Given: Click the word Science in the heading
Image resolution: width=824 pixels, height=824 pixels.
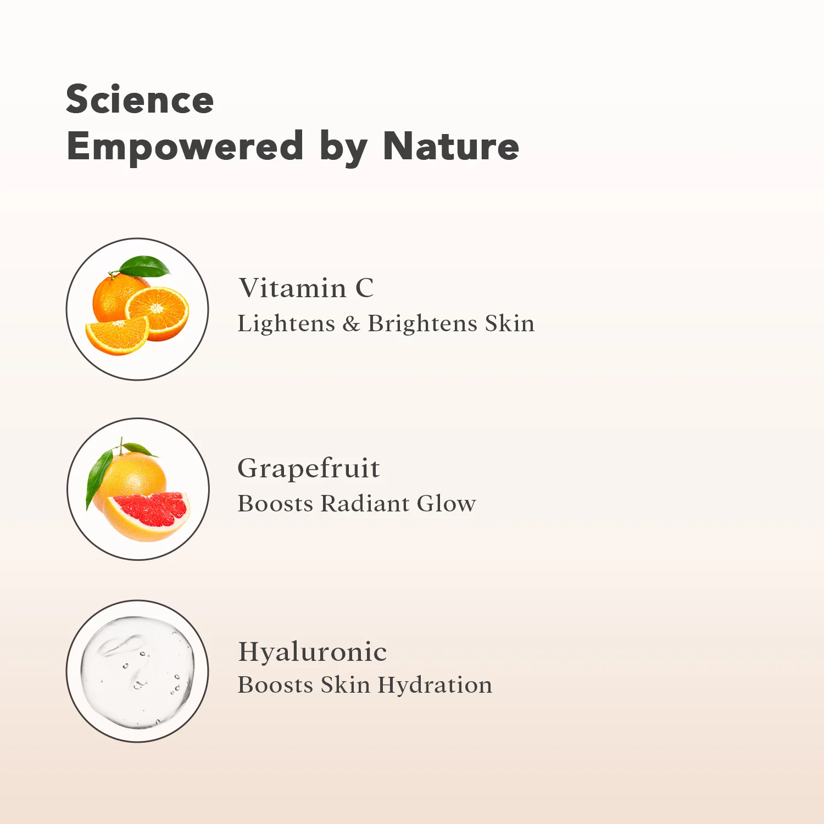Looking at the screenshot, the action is tap(140, 99).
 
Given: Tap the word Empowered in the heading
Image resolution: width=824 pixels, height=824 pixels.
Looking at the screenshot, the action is tap(185, 147).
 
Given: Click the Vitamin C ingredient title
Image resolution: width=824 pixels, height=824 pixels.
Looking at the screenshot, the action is tap(307, 288).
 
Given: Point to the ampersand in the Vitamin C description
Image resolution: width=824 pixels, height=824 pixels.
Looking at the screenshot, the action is tap(351, 324).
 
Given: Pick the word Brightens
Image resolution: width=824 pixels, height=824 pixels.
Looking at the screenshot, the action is tap(422, 324).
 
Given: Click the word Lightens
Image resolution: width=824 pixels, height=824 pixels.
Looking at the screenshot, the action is tap(286, 324).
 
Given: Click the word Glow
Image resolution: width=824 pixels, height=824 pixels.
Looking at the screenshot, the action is tap(447, 503).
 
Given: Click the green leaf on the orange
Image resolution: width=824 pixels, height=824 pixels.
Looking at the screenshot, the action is tap(145, 266).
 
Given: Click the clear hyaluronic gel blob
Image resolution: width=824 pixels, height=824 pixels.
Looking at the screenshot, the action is tap(137, 671).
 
